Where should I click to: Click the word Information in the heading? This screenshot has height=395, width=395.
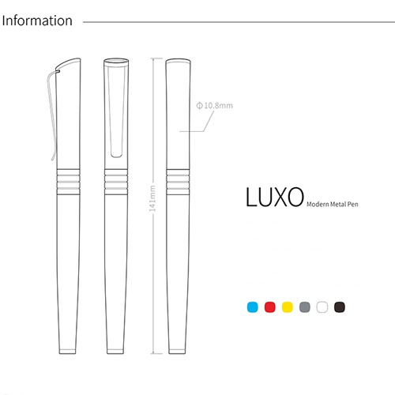(37, 21)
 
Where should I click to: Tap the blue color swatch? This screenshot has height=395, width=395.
(253, 307)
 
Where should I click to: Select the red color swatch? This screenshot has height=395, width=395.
(270, 307)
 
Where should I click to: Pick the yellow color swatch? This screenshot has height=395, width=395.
(288, 307)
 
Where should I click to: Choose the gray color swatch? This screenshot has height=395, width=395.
(305, 307)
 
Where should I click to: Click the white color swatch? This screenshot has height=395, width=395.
(322, 307)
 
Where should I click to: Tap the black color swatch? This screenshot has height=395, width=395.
(340, 307)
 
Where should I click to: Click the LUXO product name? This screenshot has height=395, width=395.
(275, 197)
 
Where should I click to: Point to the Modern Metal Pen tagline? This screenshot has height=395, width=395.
(333, 204)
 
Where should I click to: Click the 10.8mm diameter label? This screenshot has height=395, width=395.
(215, 106)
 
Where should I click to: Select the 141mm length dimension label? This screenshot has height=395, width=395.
(152, 198)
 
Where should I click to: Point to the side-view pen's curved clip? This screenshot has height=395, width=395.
(52, 113)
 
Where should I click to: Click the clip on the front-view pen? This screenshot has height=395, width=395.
(116, 110)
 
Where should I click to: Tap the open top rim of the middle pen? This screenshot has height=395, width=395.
(116, 62)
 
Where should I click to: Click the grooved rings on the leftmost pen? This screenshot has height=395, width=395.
(68, 182)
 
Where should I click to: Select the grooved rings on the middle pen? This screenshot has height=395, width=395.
(116, 182)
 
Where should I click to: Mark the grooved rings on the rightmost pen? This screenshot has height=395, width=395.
(178, 182)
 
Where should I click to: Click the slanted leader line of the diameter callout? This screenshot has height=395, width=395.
(209, 121)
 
